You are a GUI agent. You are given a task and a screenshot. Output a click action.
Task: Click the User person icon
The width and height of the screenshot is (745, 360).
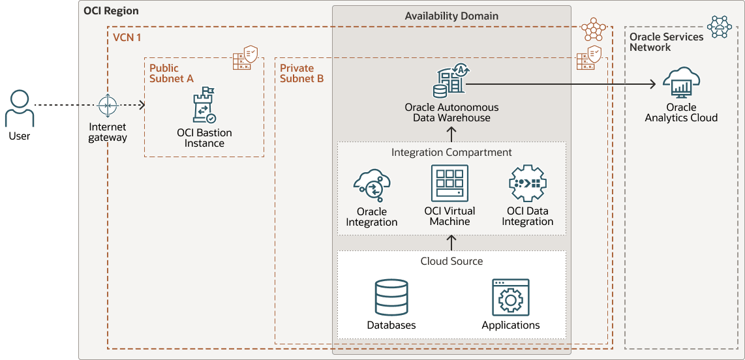pyautogui.click(x=20, y=108)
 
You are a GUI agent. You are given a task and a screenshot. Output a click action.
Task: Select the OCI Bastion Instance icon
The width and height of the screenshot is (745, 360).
pyautogui.click(x=204, y=105)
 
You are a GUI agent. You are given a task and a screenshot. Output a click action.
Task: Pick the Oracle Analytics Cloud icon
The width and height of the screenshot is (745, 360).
pyautogui.click(x=681, y=82)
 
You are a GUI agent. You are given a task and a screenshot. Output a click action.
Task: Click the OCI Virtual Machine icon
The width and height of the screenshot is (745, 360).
pyautogui.click(x=449, y=183)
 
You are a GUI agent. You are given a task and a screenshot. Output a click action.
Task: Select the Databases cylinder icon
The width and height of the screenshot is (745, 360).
pyautogui.click(x=391, y=297)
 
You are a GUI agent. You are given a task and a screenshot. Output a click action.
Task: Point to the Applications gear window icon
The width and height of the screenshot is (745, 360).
pyautogui.click(x=511, y=298)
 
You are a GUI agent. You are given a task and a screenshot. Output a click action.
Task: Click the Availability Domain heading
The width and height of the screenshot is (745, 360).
pyautogui.click(x=451, y=16)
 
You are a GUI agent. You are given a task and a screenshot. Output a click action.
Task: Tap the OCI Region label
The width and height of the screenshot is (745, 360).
pyautogui.click(x=111, y=11)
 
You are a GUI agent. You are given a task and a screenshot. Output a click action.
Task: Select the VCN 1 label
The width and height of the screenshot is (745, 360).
pyautogui.click(x=127, y=38)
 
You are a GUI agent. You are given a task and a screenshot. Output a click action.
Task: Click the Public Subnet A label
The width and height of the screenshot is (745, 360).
pyautogui.click(x=172, y=73)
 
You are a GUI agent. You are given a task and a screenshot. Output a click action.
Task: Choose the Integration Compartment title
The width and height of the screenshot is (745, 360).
pyautogui.click(x=451, y=152)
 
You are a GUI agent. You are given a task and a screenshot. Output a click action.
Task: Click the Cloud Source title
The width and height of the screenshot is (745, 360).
pyautogui.click(x=451, y=261)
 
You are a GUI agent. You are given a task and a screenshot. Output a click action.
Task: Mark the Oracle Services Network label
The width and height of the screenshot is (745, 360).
pyautogui.click(x=666, y=42)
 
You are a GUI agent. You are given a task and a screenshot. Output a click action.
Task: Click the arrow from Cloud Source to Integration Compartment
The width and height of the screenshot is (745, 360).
pyautogui.click(x=451, y=242)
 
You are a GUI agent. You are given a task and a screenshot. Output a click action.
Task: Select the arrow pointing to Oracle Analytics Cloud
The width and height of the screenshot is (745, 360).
pyautogui.click(x=561, y=83)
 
